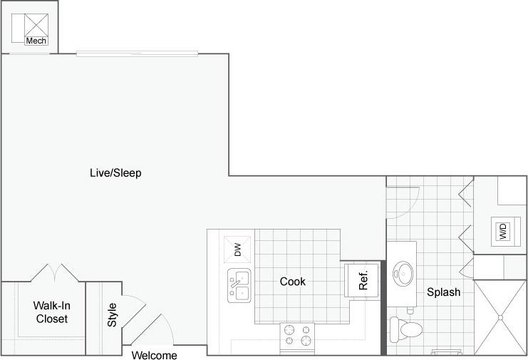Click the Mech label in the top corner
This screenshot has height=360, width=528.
click(x=36, y=41)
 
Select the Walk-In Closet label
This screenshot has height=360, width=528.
click(x=52, y=312)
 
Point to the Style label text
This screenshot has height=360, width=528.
click(x=112, y=315)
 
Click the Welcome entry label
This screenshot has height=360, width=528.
click(x=155, y=355)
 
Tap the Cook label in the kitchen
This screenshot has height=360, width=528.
click(x=292, y=282)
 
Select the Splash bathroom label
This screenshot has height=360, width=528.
click(x=443, y=292)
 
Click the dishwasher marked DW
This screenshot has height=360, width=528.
click(x=237, y=250)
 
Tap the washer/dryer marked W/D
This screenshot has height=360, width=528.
click(x=502, y=231)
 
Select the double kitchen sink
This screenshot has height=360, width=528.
click(x=239, y=285)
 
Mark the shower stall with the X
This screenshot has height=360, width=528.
click(x=500, y=317)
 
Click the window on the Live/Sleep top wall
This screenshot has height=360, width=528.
click(x=137, y=53)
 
